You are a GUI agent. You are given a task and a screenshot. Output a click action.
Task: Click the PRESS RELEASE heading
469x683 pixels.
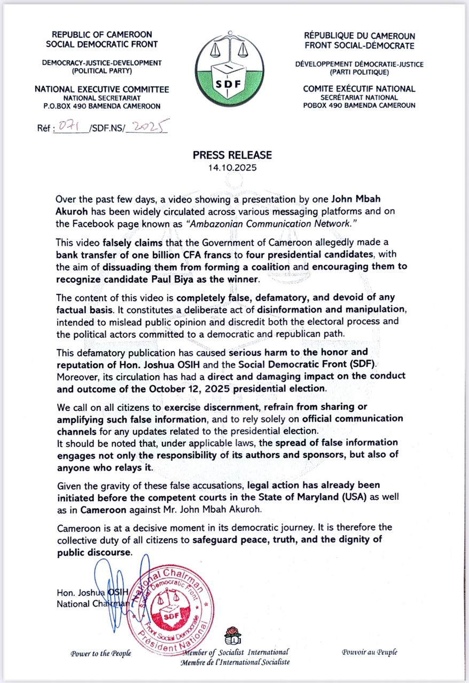pyautogui.click(x=232, y=155)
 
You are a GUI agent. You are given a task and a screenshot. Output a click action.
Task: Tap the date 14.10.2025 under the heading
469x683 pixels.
pyautogui.click(x=232, y=167)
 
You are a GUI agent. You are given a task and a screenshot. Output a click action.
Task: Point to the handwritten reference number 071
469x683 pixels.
pyautogui.click(x=68, y=129)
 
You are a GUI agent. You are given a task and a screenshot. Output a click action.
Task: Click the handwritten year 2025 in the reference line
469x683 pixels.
pyautogui.click(x=149, y=128)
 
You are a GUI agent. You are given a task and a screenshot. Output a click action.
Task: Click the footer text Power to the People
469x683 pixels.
pyautogui.click(x=101, y=653)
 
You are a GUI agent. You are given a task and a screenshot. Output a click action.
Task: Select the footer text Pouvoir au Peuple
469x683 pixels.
pyautogui.click(x=370, y=652)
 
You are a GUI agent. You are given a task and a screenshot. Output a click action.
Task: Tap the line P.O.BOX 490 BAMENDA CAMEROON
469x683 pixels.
pyautogui.click(x=102, y=106)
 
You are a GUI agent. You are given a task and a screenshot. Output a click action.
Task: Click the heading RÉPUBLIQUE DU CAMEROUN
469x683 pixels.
pyautogui.click(x=359, y=35)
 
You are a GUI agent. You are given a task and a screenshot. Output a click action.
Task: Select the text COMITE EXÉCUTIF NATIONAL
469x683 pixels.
pyautogui.click(x=359, y=89)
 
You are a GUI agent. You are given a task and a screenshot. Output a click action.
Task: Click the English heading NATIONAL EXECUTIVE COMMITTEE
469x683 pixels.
pyautogui.click(x=102, y=89)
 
